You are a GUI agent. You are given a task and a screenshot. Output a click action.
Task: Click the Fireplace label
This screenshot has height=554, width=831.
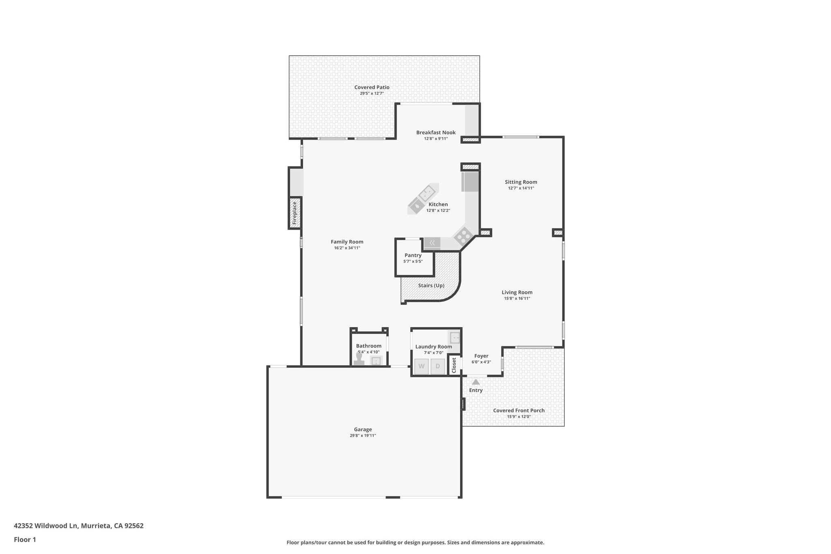pos(295,213)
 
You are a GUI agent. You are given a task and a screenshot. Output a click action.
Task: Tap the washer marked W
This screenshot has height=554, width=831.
pos(422,366)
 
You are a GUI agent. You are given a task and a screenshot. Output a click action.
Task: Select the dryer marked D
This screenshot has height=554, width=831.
pos(437,366)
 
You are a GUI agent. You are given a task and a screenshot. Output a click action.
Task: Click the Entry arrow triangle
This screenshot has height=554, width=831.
pos(476,382)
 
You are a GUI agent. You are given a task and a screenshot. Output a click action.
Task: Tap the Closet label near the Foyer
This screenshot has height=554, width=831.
pos(454,365)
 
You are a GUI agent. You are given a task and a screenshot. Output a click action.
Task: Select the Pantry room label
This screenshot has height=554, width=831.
pos(413,255)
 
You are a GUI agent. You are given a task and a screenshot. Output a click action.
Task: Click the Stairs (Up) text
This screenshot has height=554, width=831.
pos(431,285)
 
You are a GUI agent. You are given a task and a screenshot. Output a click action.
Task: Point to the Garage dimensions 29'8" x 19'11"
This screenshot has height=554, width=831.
pos(363,435)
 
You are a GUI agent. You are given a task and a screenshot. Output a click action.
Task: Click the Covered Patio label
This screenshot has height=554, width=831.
pos(372,87)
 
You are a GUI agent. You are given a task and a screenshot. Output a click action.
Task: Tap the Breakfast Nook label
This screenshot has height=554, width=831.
pos(436,132)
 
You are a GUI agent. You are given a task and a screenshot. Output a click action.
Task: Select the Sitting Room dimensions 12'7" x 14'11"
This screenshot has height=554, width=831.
pos(521,188)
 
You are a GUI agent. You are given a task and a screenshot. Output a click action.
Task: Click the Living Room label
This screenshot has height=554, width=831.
pos(517,292)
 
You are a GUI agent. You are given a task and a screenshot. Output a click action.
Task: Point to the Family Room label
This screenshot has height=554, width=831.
pos(347,242)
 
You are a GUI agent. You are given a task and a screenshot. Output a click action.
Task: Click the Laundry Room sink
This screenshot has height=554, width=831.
pos(455,337)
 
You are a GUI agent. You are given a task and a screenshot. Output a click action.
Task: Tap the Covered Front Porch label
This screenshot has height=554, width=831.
pos(519,410)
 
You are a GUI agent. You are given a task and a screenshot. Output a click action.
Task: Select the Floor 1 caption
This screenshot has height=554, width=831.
pos(25,539)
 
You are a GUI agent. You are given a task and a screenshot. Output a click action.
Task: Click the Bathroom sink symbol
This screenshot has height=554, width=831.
pos(376,360)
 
